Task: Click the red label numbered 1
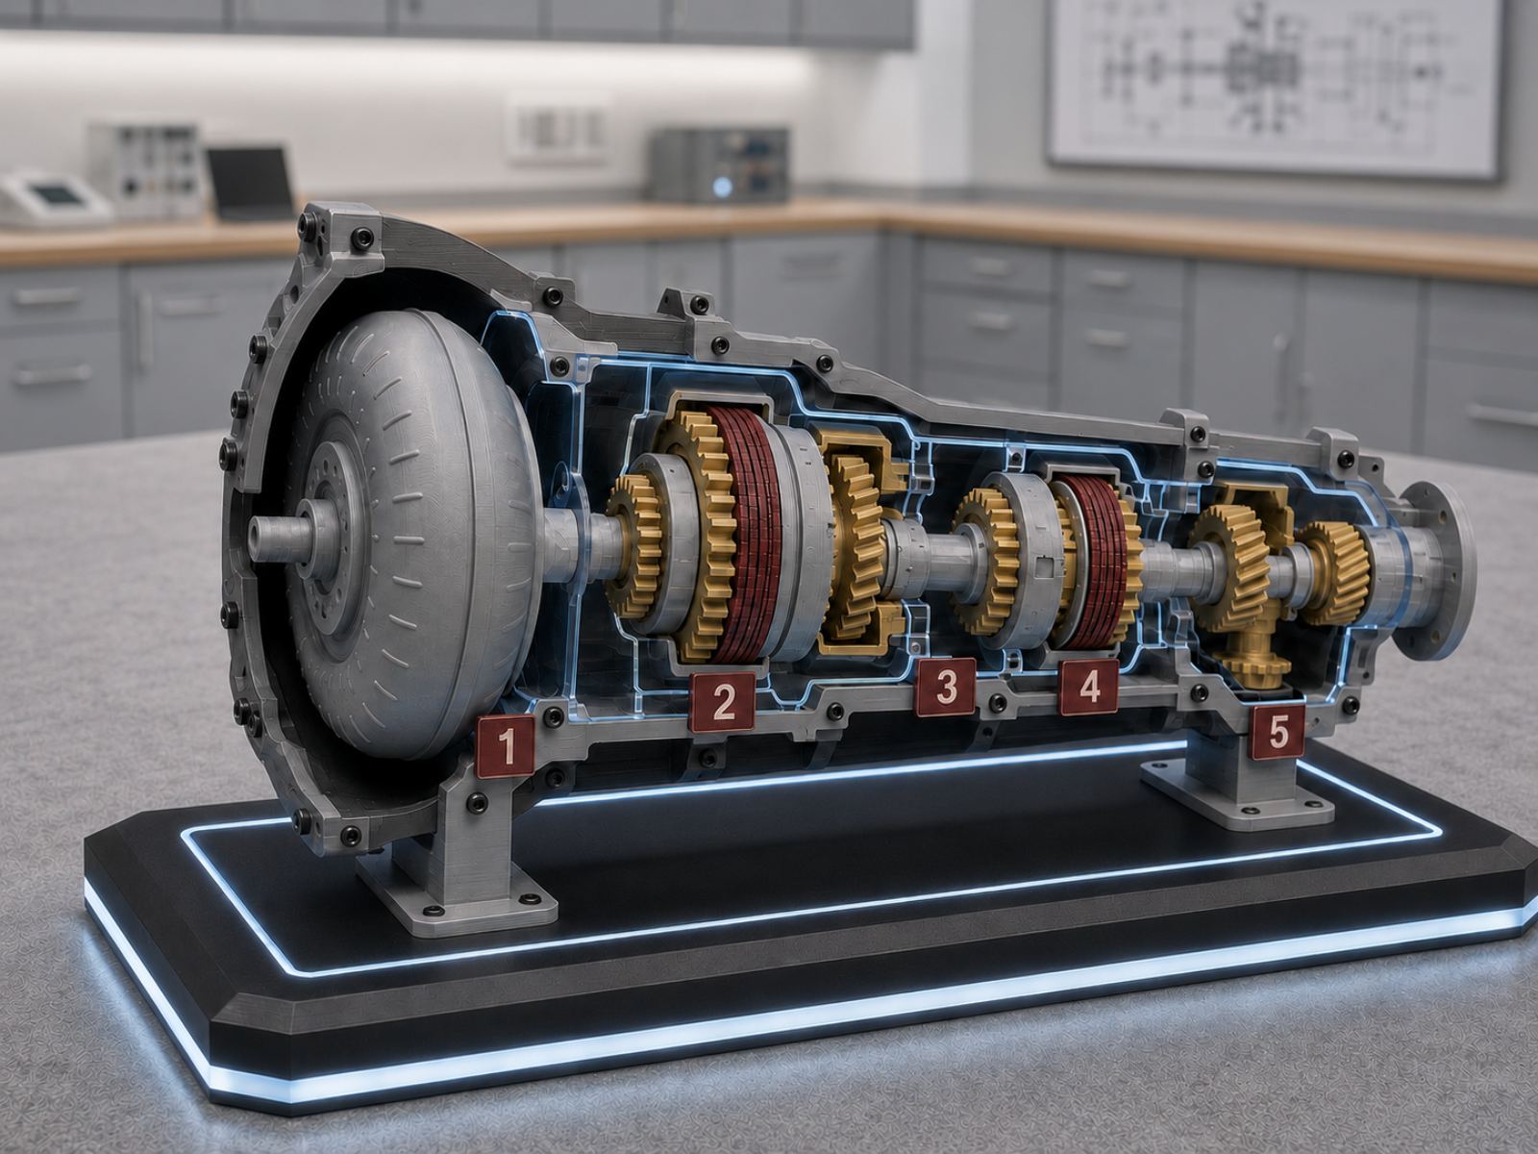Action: click(506, 746)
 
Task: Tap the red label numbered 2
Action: click(723, 701)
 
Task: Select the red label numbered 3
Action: click(946, 688)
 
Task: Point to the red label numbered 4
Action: click(1089, 688)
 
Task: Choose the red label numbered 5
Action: click(1278, 732)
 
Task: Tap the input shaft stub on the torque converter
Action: click(277, 539)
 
